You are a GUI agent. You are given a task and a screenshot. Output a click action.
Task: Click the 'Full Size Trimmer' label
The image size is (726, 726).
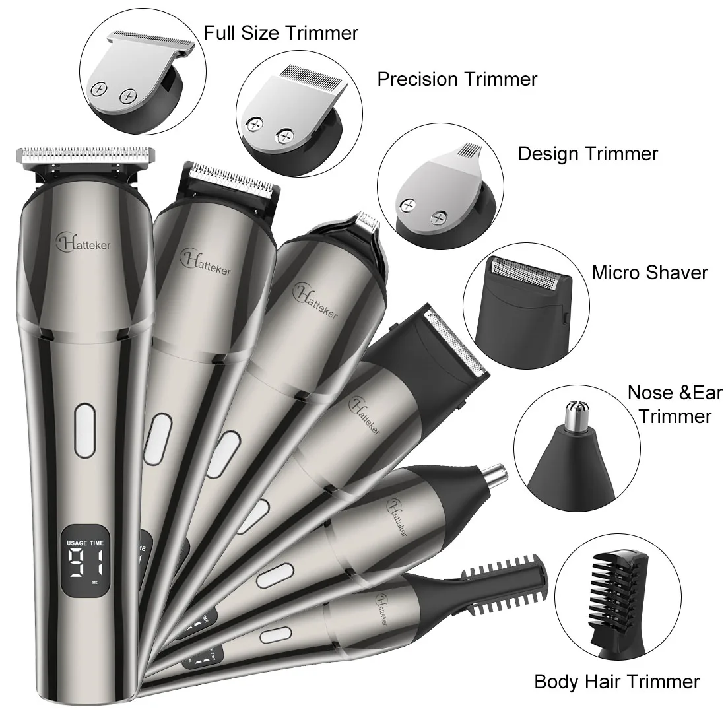(281, 34)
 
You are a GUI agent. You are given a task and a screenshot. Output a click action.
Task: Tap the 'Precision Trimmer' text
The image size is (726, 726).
(457, 79)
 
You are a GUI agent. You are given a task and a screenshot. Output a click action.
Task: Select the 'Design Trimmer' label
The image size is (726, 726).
(587, 154)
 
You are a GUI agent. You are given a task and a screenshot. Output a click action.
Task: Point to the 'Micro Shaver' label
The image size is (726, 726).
(649, 272)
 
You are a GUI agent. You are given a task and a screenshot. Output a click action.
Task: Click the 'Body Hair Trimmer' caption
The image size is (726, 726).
(616, 682)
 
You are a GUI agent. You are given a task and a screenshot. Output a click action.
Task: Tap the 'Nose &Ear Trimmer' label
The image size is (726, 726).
(675, 404)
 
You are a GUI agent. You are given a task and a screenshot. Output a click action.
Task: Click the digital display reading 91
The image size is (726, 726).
(86, 564)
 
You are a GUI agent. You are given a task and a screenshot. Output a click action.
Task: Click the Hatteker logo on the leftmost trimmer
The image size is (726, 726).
(83, 242)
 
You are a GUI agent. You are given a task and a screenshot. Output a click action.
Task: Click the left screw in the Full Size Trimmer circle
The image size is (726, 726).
(98, 89)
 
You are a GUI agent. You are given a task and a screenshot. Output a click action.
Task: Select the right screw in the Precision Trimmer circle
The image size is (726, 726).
(284, 136)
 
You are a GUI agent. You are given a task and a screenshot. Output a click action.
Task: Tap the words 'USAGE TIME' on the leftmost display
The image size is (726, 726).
(85, 543)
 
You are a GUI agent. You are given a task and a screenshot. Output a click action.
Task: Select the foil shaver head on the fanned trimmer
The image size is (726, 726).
(456, 342)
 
